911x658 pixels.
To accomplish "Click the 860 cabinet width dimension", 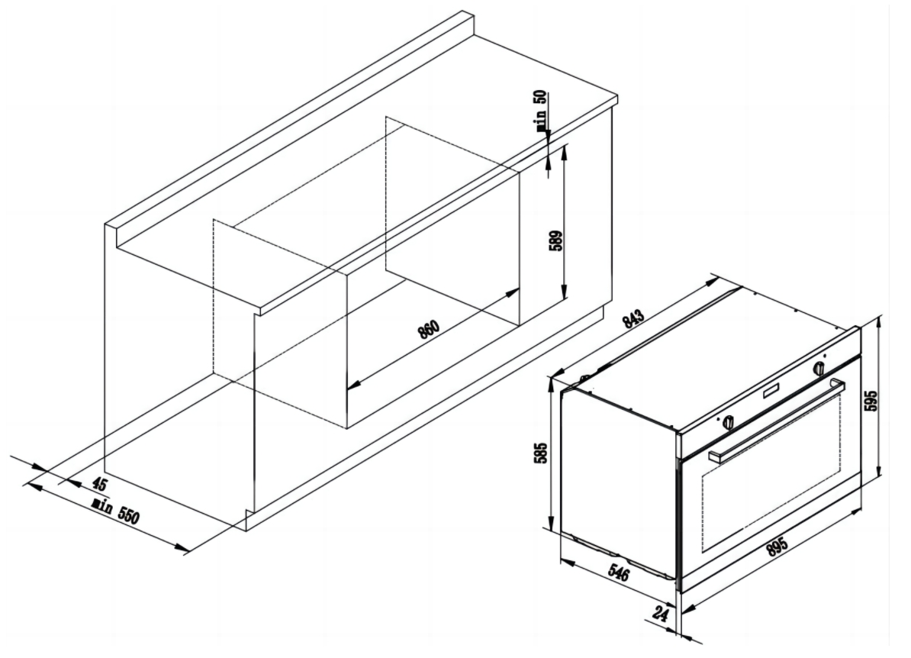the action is click(x=428, y=330).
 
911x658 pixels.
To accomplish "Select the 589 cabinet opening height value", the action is click(x=556, y=240).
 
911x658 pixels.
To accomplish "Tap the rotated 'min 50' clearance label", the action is click(x=541, y=113).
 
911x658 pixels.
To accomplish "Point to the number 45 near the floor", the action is click(x=99, y=484).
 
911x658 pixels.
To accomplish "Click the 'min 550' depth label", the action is click(x=116, y=511).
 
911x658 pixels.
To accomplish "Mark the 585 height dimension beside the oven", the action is click(x=541, y=453).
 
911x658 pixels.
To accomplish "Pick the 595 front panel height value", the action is click(x=872, y=401).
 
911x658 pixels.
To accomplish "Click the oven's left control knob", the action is click(x=728, y=422).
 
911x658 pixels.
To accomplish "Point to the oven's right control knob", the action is click(x=819, y=368).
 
